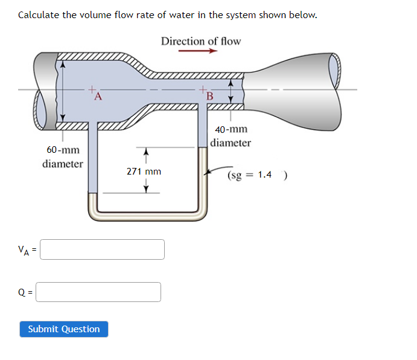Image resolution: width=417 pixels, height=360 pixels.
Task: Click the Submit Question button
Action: point(64,329)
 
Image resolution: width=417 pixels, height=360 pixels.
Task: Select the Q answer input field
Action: point(100,292)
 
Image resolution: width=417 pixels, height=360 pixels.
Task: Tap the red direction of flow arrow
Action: point(197,51)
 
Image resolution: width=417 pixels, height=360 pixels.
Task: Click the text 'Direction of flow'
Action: point(200,41)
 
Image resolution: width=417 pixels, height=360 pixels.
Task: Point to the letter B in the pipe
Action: point(210,97)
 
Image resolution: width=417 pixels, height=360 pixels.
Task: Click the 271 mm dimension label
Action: point(144,172)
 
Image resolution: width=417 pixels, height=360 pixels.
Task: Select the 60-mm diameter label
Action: point(63,156)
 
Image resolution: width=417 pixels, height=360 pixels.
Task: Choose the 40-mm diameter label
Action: point(231,136)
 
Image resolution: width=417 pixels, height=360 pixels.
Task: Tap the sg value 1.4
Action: point(264,175)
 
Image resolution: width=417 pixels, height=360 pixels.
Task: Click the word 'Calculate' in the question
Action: point(39,14)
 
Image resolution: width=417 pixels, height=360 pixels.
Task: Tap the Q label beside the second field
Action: point(22,293)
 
